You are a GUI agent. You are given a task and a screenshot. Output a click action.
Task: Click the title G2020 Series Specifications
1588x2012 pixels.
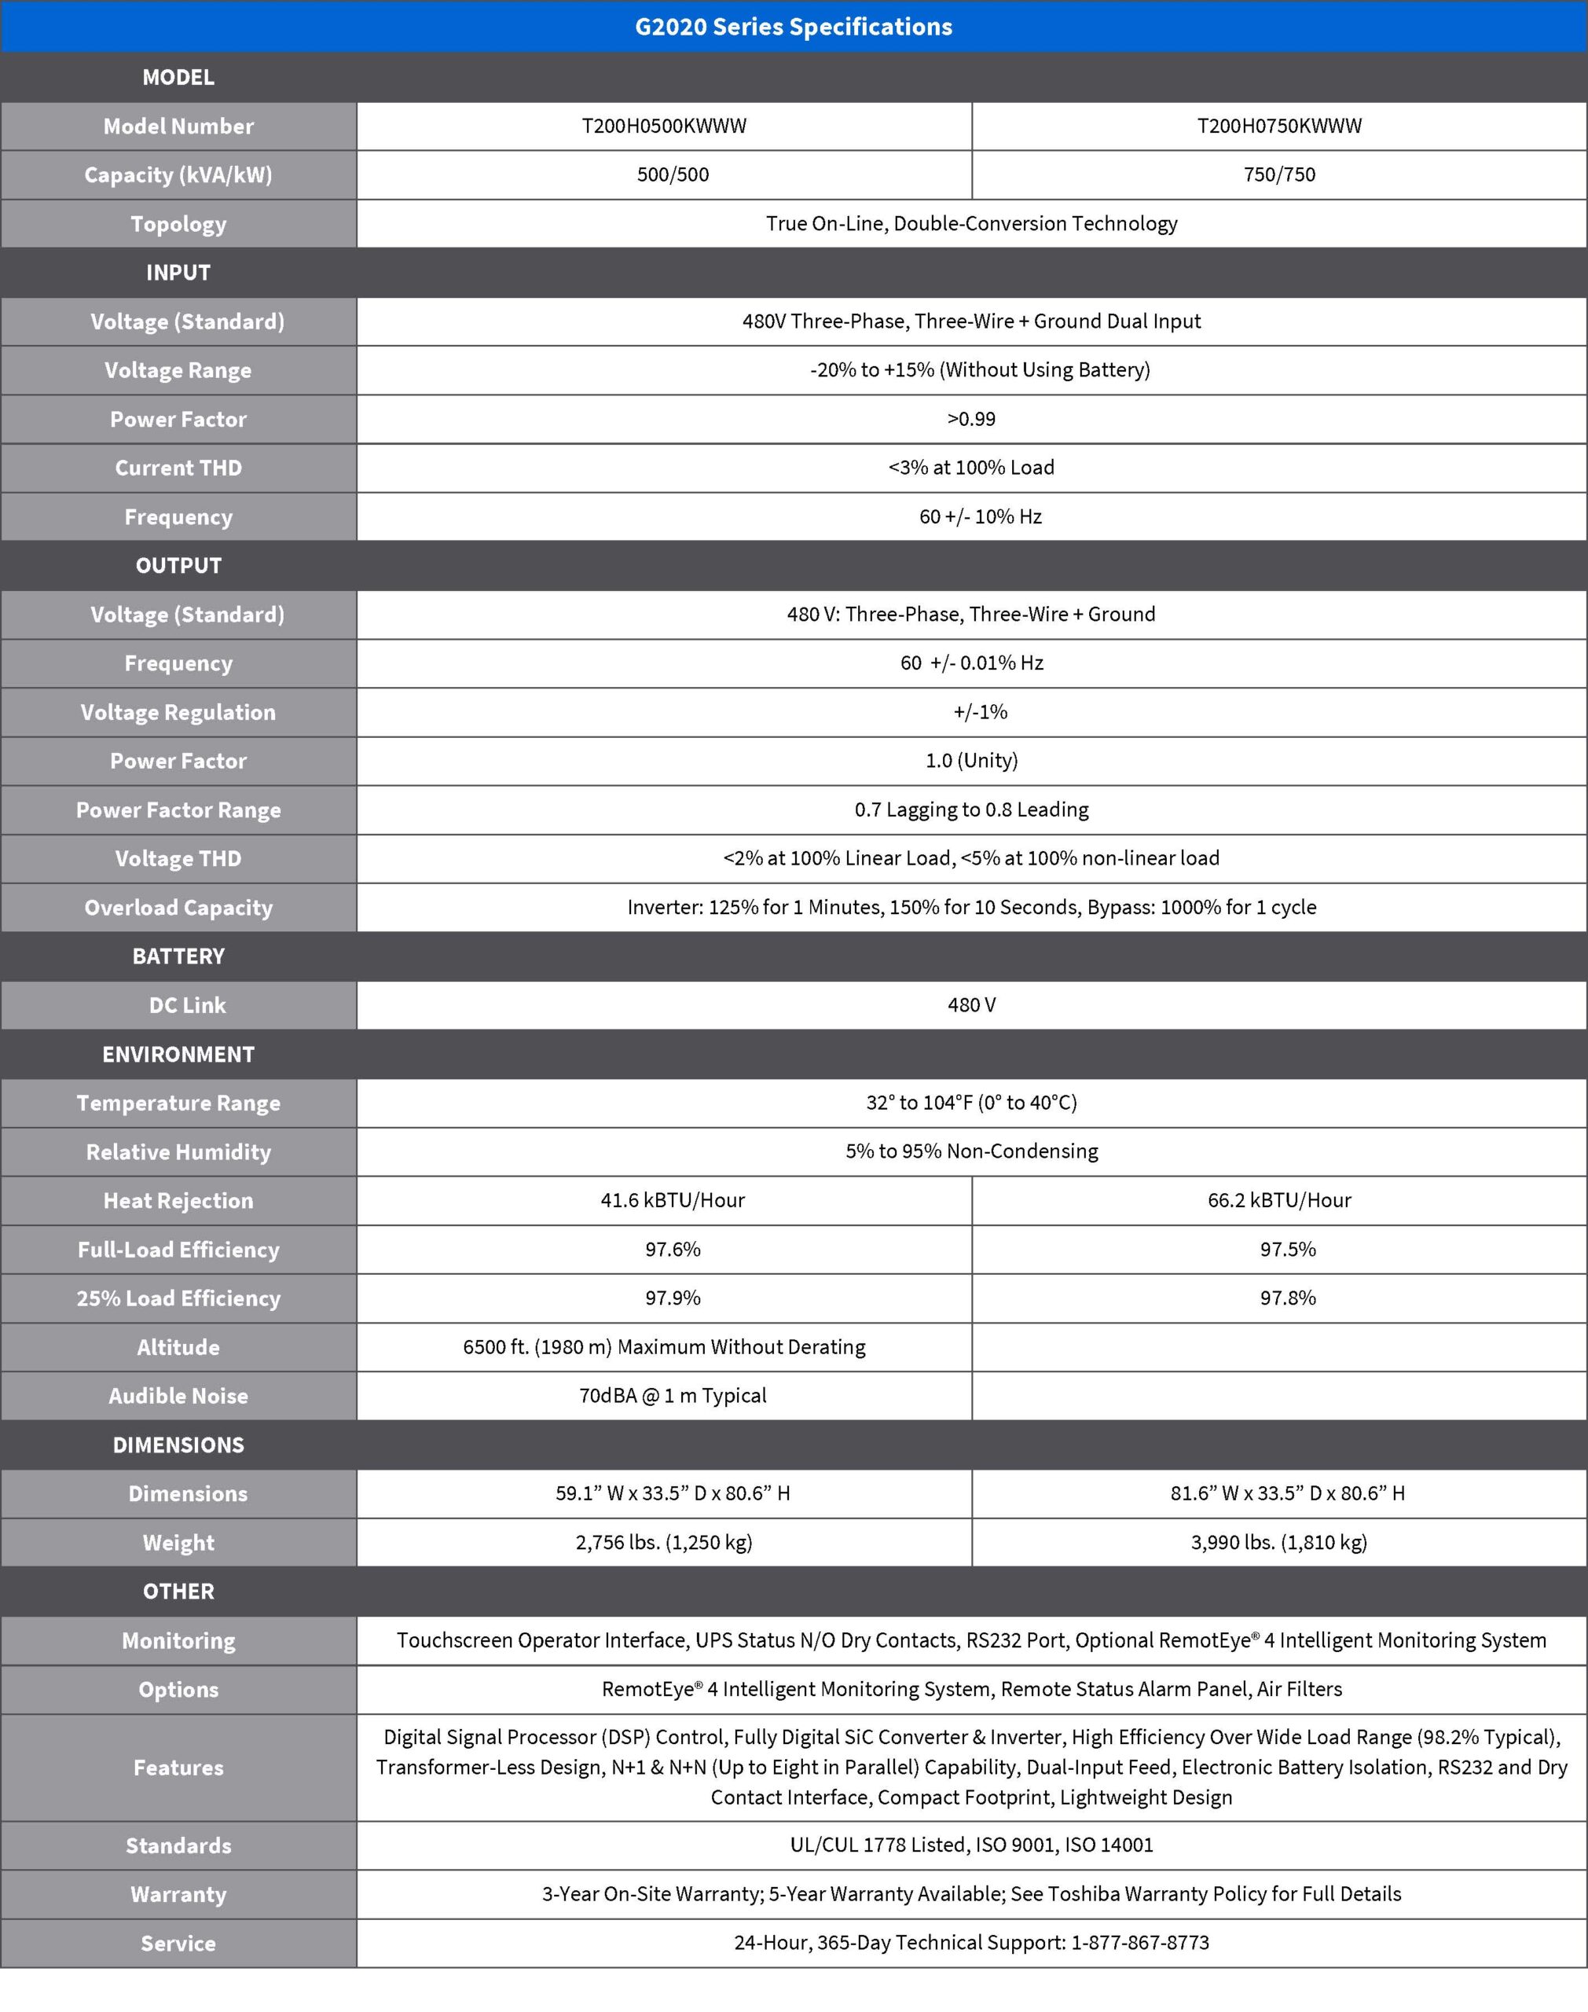click(793, 27)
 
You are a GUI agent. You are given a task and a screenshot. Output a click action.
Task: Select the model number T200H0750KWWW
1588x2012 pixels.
click(1278, 127)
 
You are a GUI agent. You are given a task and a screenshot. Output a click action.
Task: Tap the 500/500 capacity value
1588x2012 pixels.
click(672, 174)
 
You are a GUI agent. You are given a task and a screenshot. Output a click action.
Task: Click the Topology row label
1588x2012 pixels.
click(178, 224)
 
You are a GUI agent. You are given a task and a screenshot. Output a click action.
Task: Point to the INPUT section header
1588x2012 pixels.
click(178, 274)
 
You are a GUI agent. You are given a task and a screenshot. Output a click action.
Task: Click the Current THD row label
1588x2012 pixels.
click(178, 468)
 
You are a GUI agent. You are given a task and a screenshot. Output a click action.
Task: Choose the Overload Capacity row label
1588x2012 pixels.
click(178, 908)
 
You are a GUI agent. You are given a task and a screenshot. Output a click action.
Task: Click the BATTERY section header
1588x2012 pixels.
click(178, 956)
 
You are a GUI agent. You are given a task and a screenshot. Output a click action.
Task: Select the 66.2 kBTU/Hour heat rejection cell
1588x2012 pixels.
click(1278, 1200)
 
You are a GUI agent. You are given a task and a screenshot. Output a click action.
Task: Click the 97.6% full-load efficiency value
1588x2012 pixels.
click(672, 1250)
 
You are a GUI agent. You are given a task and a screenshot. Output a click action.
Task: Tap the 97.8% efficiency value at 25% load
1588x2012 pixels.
click(1288, 1298)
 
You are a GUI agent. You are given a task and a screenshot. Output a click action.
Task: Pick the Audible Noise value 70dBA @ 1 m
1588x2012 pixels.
click(672, 1396)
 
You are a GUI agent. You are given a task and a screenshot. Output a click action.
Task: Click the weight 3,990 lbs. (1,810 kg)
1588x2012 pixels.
click(1278, 1543)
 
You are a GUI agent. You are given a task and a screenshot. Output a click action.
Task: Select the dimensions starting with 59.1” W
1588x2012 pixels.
click(672, 1493)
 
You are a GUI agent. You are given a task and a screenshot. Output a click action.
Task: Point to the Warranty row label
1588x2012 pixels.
click(178, 1894)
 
